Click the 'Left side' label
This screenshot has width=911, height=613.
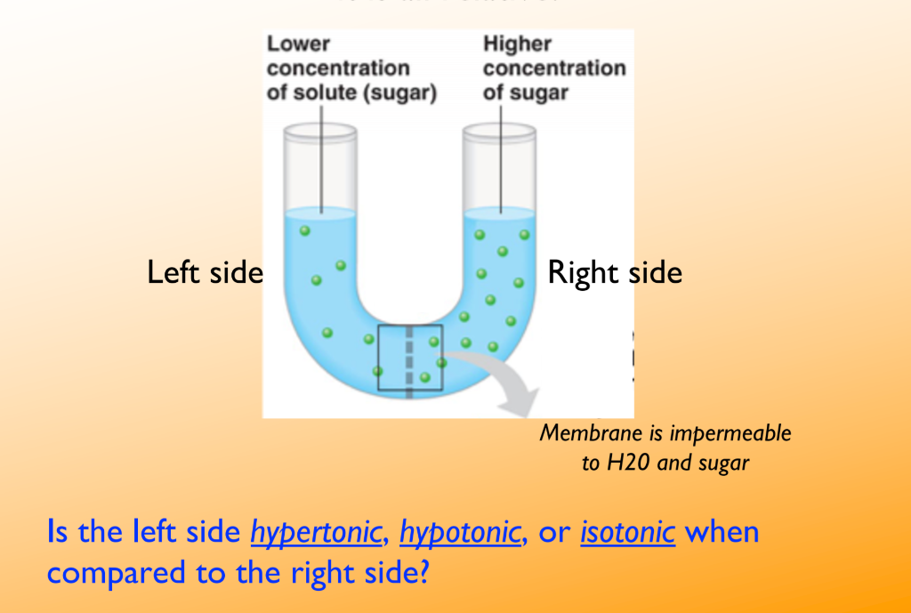click(205, 272)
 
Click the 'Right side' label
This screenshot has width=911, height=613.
click(615, 272)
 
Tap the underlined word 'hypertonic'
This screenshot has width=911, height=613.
click(317, 532)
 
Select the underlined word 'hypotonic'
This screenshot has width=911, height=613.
click(460, 532)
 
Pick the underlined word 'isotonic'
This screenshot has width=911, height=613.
click(628, 532)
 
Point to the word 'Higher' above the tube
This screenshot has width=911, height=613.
click(517, 44)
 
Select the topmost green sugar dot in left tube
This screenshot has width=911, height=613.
click(305, 230)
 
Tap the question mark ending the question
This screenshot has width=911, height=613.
click(421, 570)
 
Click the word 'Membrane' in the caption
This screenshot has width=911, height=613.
click(581, 434)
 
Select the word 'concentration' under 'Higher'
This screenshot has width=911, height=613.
click(554, 69)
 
